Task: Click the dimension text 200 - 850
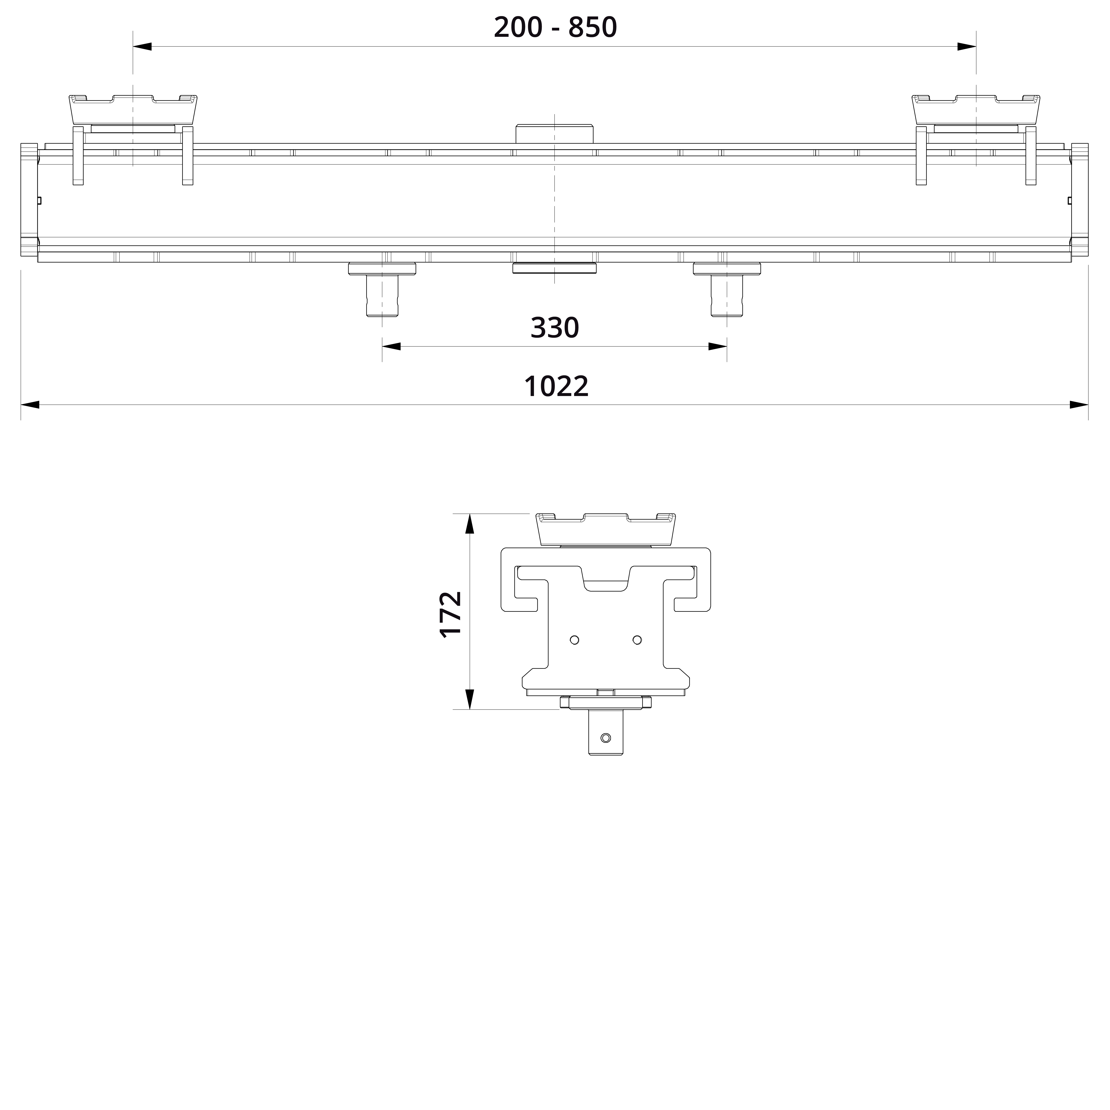click(555, 28)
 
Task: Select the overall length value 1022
click(556, 386)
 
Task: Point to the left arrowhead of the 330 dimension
click(391, 346)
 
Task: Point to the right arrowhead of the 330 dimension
click(718, 346)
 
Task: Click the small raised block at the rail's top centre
click(554, 134)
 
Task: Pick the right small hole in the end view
click(637, 640)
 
